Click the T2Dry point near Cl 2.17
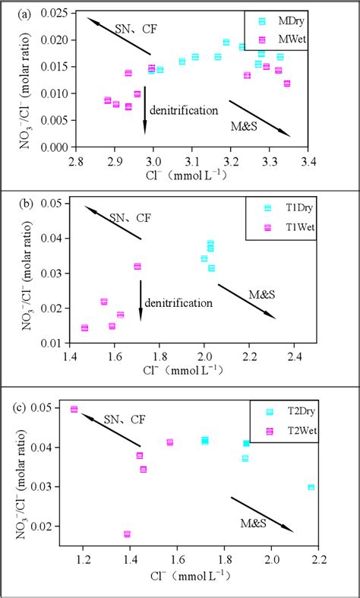(311, 487)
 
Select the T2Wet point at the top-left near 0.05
(74, 409)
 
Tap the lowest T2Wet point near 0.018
(127, 534)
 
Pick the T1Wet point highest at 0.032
(137, 267)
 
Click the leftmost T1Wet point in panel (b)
(84, 328)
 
